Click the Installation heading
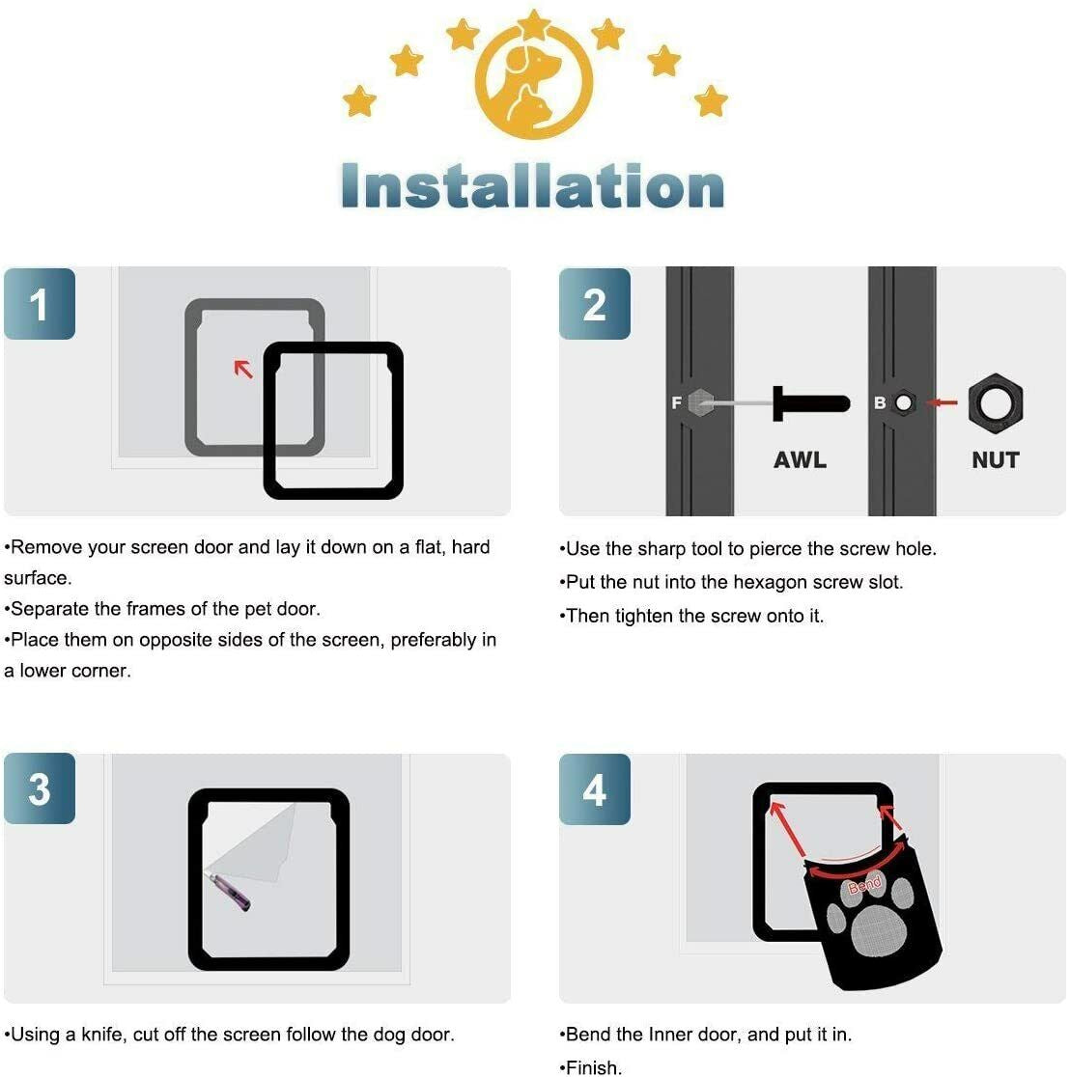coord(533,186)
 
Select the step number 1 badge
coord(40,304)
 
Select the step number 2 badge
coord(595,304)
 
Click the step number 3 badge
coord(40,788)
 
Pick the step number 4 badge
coord(595,789)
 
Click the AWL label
coord(800,460)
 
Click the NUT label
coord(995,460)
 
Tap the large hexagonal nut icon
coord(996,402)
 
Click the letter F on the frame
coord(677,402)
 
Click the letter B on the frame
coord(880,402)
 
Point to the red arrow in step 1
coord(243,368)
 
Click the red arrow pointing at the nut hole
coord(942,402)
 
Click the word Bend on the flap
coord(864,883)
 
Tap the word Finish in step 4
coord(593,1067)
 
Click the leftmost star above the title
coord(360,100)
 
